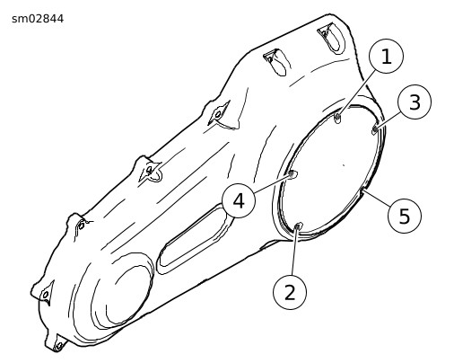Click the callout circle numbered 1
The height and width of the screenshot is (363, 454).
click(387, 56)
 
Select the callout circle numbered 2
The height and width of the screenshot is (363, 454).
click(290, 292)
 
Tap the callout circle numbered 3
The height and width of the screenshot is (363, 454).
click(415, 102)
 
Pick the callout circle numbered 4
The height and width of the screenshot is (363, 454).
click(239, 200)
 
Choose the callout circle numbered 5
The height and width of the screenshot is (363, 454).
click(405, 216)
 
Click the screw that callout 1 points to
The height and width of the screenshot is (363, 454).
click(337, 118)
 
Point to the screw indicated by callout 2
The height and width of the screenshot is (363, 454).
click(298, 226)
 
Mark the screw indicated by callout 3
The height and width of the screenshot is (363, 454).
click(374, 130)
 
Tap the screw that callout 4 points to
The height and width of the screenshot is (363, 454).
click(292, 174)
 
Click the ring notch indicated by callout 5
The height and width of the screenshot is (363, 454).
click(362, 190)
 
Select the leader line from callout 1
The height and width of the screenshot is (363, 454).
click(356, 93)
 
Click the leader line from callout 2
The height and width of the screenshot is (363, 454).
click(294, 251)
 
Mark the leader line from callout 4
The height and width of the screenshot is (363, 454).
click(272, 183)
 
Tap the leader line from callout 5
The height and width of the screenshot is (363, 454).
click(376, 198)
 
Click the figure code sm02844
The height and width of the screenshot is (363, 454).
click(38, 19)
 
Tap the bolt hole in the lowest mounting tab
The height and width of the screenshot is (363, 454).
click(59, 346)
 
